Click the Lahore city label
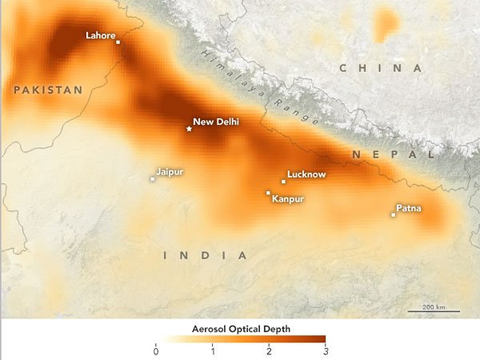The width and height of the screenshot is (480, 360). (x=101, y=35)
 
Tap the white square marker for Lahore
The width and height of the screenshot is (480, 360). (x=118, y=42)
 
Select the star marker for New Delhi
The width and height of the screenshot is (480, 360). (x=189, y=128)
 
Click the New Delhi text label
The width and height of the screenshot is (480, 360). (x=216, y=122)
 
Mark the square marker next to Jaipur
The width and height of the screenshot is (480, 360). (x=152, y=178)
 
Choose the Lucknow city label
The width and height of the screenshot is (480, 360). (x=306, y=174)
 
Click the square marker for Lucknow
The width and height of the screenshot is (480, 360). (x=283, y=182)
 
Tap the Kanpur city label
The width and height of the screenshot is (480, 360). (x=288, y=198)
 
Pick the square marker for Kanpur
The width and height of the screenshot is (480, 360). (x=268, y=192)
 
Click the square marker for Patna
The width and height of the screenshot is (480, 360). (x=393, y=214)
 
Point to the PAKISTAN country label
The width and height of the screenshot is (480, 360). (x=48, y=90)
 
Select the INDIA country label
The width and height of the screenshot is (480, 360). (x=205, y=255)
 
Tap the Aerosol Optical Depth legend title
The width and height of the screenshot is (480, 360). (x=240, y=329)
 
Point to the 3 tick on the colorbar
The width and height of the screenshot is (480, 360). (x=326, y=350)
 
